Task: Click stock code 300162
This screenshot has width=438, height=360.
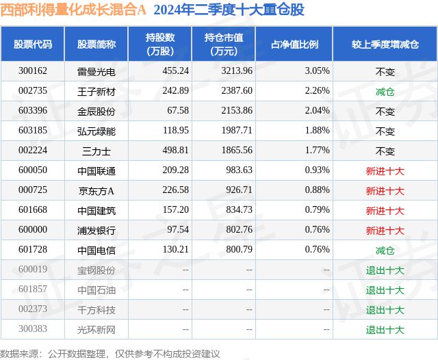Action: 33,70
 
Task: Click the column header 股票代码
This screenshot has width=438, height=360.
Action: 33,44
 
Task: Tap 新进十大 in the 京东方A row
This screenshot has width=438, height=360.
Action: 385,190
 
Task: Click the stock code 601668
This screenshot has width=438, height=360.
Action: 33,210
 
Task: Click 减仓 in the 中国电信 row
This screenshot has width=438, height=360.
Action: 385,250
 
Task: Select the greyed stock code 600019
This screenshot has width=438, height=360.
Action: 33,270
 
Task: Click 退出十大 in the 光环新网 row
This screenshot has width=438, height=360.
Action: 385,330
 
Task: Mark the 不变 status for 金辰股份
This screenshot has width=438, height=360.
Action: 385,110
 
